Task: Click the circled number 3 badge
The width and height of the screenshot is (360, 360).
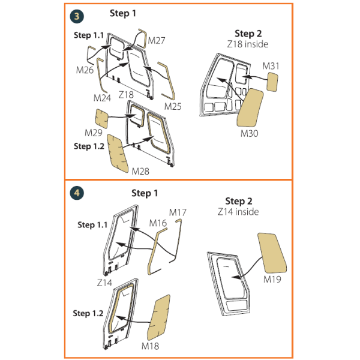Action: tap(77, 16)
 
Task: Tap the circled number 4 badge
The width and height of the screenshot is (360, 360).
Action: tap(77, 193)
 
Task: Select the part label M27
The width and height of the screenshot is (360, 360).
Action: tap(157, 41)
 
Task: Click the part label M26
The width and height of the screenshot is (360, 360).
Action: tap(85, 70)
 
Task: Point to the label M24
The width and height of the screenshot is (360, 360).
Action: tap(102, 98)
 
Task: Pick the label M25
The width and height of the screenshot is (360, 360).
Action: tap(173, 106)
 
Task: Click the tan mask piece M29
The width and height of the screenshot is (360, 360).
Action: tap(102, 118)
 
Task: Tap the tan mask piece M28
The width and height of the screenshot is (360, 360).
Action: tap(118, 154)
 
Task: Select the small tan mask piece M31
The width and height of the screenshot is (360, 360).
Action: tap(272, 82)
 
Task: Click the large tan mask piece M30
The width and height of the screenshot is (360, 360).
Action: tap(250, 107)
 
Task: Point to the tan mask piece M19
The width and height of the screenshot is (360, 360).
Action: tap(272, 253)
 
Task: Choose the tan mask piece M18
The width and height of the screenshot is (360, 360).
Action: tap(158, 317)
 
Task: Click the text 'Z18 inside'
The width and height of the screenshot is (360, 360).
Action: tap(248, 44)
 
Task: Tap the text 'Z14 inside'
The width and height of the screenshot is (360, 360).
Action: tap(238, 212)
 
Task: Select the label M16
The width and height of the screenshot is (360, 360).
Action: tap(158, 223)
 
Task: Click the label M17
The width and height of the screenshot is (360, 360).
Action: tap(178, 212)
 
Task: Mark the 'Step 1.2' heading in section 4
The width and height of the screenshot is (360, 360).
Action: tap(88, 313)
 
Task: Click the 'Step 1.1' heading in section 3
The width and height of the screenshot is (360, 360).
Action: tap(89, 35)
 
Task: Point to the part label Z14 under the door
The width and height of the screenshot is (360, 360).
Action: tap(104, 283)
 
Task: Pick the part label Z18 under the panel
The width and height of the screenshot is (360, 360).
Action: tap(126, 95)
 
